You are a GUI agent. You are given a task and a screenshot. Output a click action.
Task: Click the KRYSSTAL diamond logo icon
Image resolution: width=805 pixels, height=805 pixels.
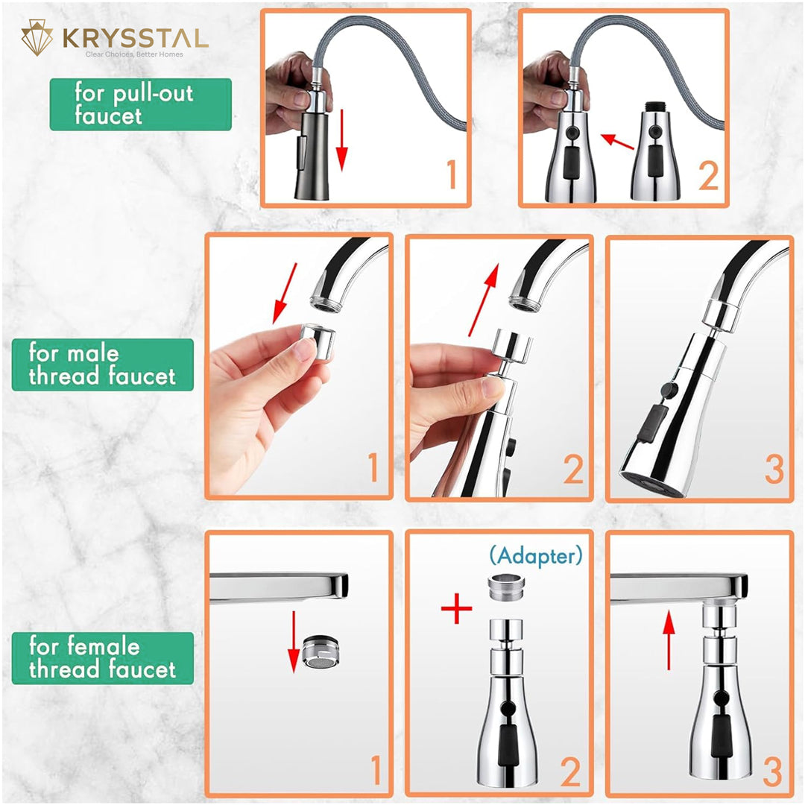coord(37,37)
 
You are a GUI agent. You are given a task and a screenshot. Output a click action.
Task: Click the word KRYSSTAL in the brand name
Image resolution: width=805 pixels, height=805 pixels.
coord(136,39)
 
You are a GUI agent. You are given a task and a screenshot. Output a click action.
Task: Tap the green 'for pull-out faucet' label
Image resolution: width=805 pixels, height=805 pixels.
coord(141,104)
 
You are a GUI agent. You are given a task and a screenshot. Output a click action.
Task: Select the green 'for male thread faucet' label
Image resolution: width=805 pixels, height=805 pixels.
coord(103,364)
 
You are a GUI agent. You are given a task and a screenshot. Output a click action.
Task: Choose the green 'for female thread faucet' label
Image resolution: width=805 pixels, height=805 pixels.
coord(103,658)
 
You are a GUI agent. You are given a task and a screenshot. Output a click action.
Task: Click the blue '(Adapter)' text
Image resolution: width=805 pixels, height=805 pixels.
coord(536,555)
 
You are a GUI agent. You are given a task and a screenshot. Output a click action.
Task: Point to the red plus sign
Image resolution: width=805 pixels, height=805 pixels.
coord(456,608)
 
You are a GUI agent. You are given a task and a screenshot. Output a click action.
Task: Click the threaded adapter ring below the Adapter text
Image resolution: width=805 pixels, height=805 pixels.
coord(505,588)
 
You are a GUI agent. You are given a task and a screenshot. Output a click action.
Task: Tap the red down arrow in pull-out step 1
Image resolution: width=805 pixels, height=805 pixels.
coord(342,139)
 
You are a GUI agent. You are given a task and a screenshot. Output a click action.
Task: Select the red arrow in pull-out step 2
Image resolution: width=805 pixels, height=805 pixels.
coord(618,142)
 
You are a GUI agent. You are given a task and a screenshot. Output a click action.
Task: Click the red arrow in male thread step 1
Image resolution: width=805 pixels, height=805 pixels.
coord(285,294)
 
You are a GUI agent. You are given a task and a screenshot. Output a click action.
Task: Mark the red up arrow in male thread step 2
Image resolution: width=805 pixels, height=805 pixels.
coord(484,300)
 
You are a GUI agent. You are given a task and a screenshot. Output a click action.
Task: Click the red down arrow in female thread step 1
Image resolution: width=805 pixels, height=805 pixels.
coord(294,642)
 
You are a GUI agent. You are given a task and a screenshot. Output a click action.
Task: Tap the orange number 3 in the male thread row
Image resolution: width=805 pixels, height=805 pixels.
coord(774,469)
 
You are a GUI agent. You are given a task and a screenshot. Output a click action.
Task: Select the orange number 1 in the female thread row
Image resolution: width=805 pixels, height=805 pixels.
coord(376,769)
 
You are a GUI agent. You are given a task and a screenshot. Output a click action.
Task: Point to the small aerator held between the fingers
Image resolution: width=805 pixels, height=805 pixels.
coord(318,341)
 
